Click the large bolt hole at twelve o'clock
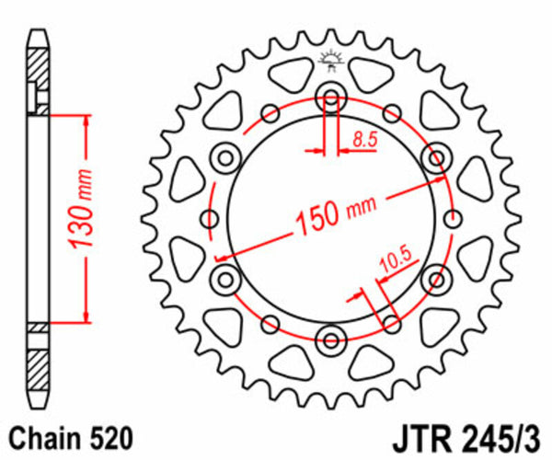click(x=330, y=98)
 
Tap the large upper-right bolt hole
click(x=434, y=157)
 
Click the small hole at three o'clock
click(x=451, y=218)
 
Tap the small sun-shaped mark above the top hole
click(x=330, y=61)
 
